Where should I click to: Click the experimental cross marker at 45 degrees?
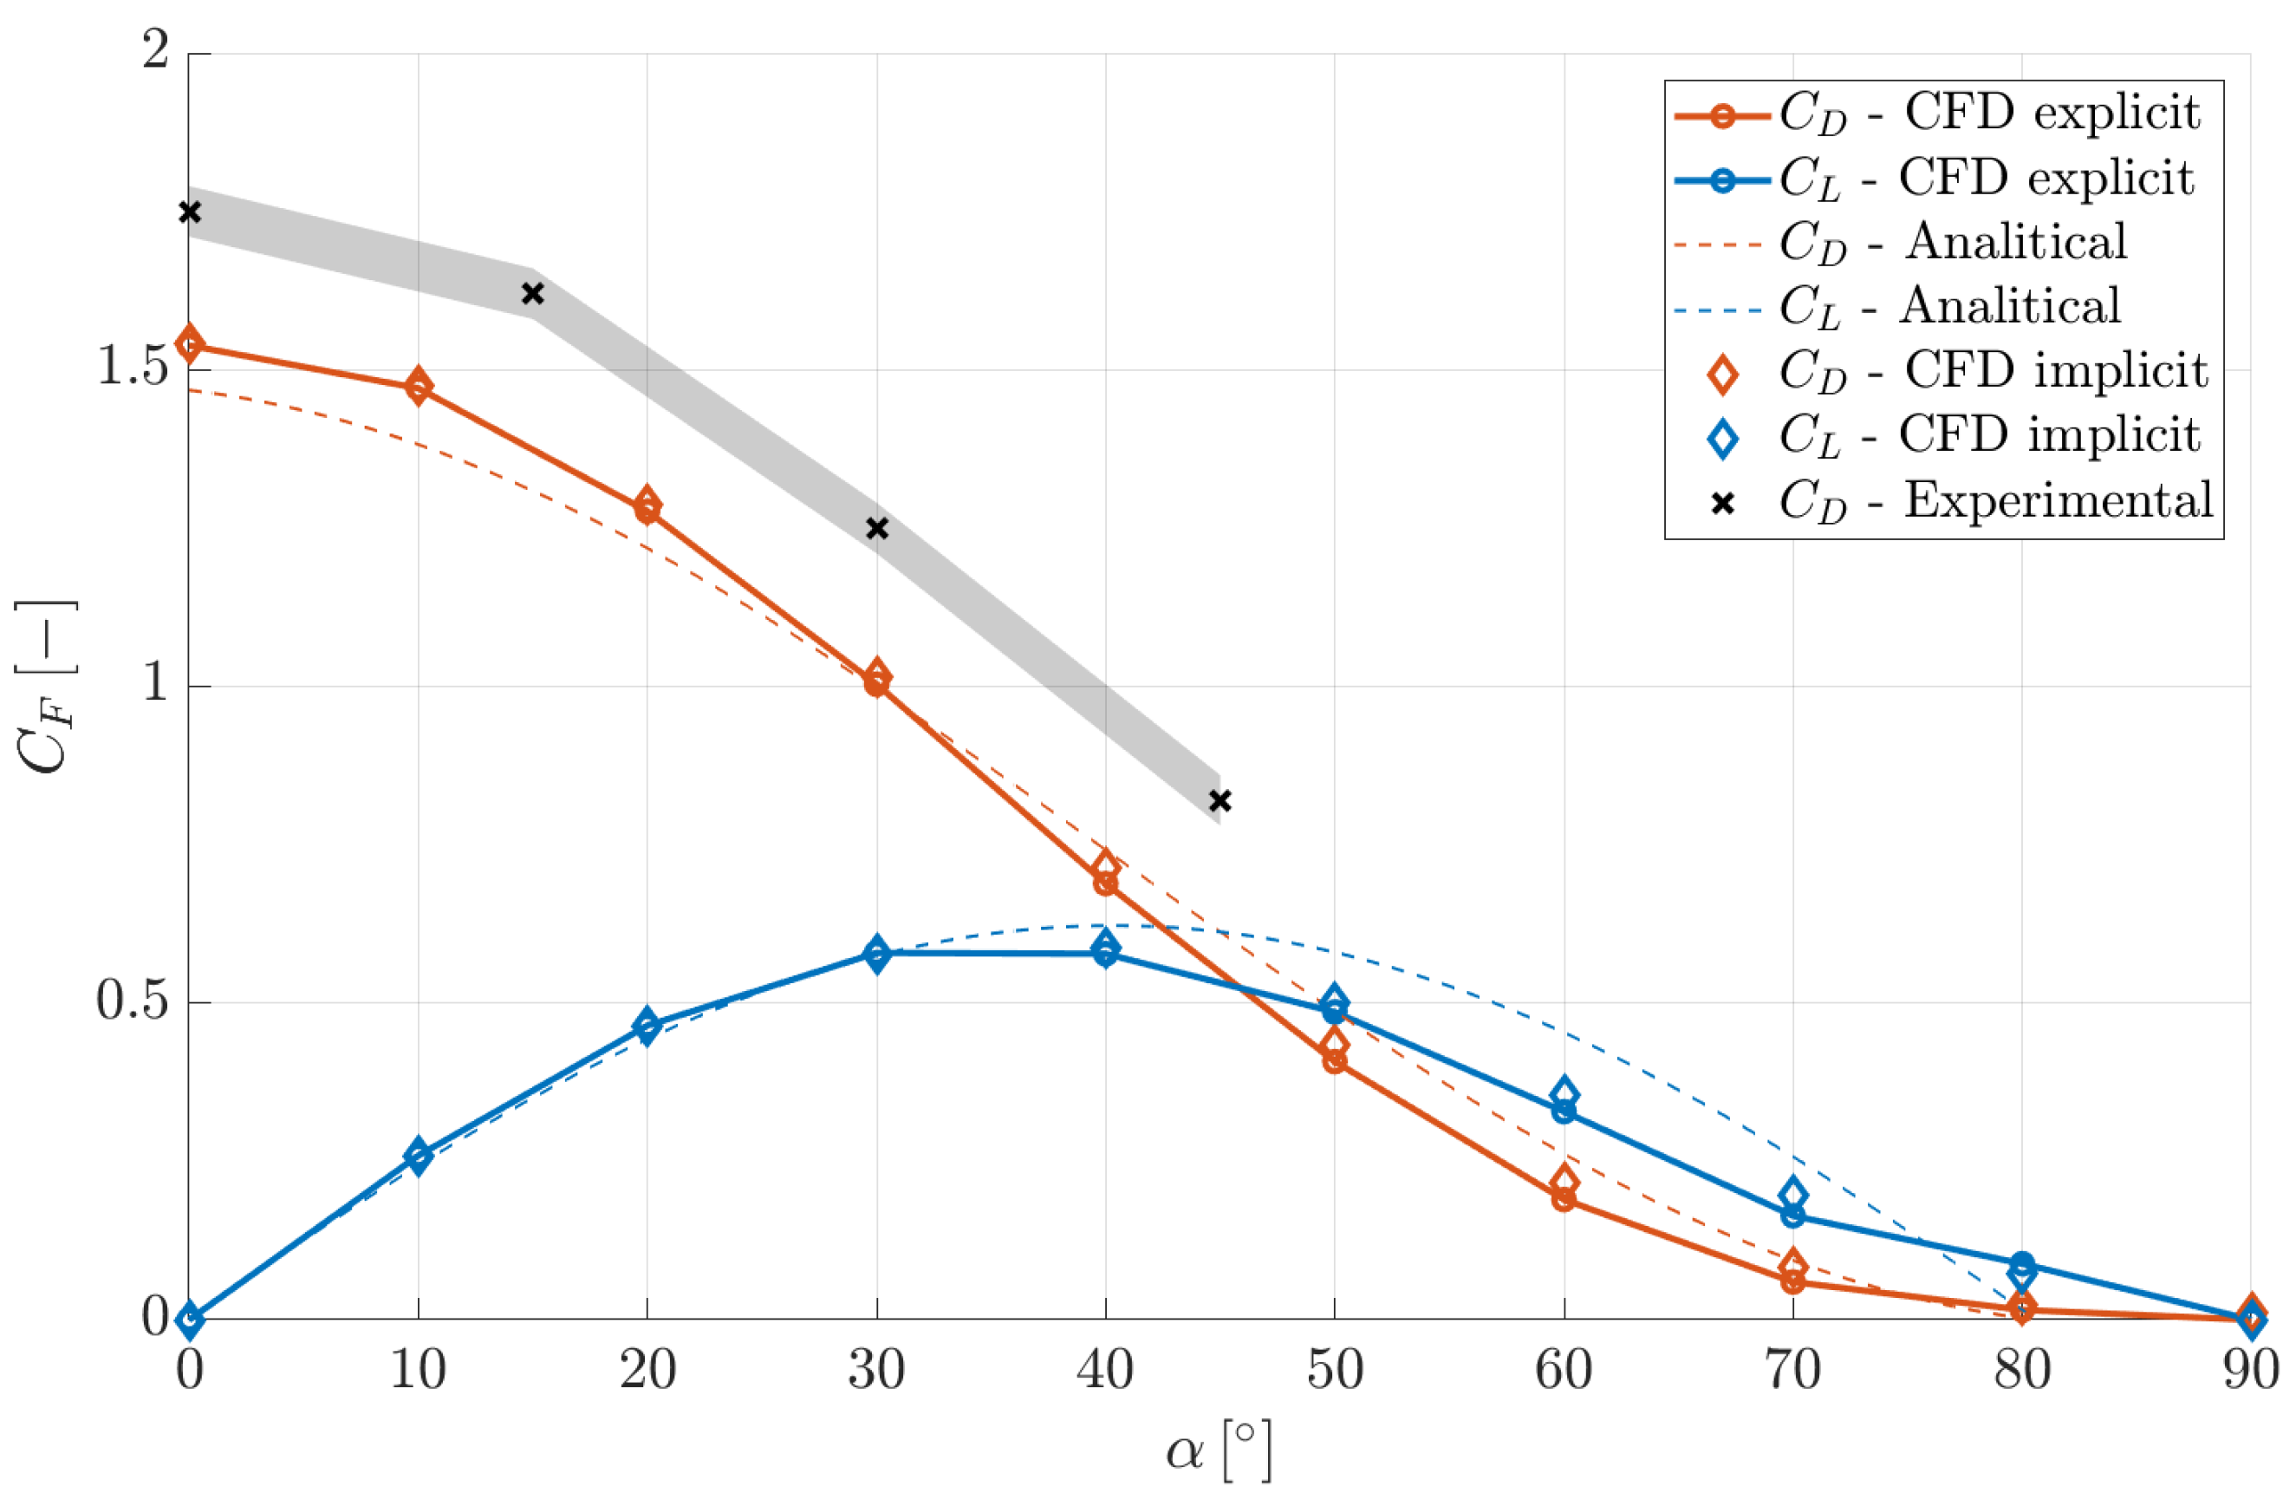pos(1220,801)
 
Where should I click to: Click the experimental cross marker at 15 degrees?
pos(532,293)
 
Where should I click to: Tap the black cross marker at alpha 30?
pos(877,528)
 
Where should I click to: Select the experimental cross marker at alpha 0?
pos(190,212)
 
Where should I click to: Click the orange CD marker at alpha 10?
pos(418,388)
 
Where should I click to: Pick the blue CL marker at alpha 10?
pos(418,1155)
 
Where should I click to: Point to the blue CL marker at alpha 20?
pos(647,1027)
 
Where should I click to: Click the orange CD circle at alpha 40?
pos(1106,883)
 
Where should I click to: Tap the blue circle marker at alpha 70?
pos(1792,1216)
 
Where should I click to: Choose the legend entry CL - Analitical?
pos(1948,307)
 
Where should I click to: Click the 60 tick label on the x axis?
pos(1563,1370)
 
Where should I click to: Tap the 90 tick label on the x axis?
pos(2250,1370)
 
